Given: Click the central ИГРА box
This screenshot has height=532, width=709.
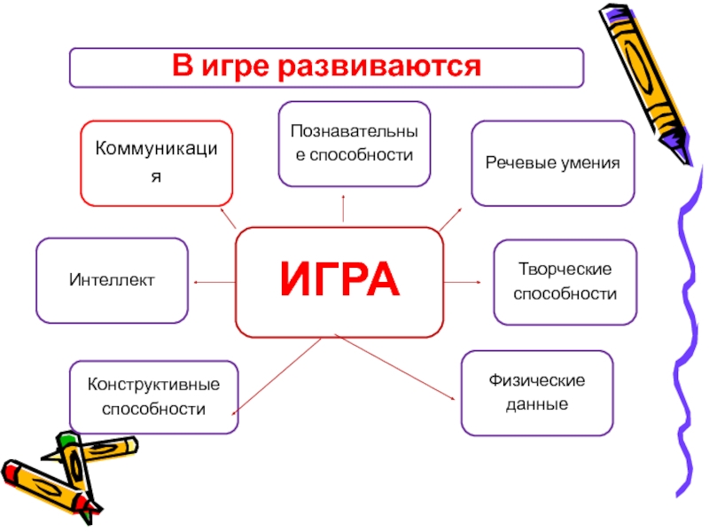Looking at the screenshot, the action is (339, 282).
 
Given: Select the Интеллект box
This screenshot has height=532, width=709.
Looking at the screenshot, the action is (112, 280).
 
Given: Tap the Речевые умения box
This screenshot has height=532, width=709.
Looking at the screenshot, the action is (552, 163).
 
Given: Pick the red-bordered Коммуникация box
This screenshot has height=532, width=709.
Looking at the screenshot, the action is (157, 163).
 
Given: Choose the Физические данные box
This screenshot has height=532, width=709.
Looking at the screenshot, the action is (537, 393).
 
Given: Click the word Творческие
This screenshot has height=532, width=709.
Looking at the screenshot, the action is (565, 270).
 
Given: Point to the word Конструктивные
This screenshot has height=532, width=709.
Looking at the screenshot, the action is (153, 385).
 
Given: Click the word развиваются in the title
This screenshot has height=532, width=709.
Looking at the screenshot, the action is (379, 66).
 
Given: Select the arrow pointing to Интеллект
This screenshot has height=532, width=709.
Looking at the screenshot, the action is (214, 282).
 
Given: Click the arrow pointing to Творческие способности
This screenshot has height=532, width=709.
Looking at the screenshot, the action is (462, 282).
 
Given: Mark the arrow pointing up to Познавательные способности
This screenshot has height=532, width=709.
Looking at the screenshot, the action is (343, 208).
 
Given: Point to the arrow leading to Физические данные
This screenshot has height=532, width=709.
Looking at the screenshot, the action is (394, 367).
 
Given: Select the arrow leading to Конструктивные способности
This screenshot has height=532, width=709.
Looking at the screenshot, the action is (277, 377).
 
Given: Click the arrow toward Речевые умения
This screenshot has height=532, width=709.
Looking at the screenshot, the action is (450, 219).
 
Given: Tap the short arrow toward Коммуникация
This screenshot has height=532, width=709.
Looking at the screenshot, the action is (229, 218).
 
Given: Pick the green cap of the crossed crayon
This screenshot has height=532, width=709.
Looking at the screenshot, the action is (66, 439).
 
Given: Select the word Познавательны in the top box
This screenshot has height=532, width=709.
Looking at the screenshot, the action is (354, 131).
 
